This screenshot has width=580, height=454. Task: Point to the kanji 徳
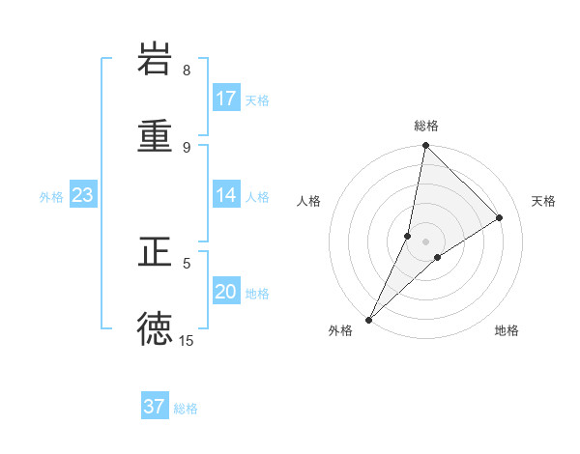click(155, 328)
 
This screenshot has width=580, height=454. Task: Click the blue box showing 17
click(226, 98)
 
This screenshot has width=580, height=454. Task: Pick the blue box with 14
click(226, 195)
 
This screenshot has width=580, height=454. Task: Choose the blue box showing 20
click(226, 292)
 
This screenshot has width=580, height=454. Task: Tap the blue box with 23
click(83, 195)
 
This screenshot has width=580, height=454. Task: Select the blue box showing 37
click(155, 407)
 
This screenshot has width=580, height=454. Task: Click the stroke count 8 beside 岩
click(187, 70)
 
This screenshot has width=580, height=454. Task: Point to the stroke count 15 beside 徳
click(187, 340)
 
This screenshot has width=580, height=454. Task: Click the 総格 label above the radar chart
click(426, 126)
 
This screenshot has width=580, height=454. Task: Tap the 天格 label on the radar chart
click(544, 201)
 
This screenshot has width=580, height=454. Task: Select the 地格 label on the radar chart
click(507, 330)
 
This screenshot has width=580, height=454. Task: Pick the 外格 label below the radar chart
click(341, 330)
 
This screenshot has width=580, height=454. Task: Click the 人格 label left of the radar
click(309, 201)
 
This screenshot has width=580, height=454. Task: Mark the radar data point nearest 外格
click(368, 320)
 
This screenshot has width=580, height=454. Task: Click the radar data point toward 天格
click(500, 218)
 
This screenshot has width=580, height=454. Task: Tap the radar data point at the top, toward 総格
click(425, 145)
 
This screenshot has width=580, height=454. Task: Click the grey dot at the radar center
click(426, 241)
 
